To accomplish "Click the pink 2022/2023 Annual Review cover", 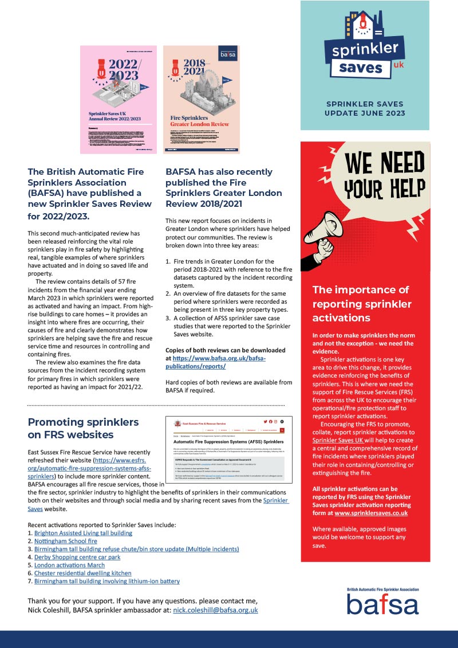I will point(118,100).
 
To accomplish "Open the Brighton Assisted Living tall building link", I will point(83,533).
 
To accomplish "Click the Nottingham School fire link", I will point(66,541).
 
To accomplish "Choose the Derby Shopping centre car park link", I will point(77,557).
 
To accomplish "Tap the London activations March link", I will point(69,565).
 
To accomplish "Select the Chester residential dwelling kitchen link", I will point(83,573).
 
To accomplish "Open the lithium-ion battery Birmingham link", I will point(107,581).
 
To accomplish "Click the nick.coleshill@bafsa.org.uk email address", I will point(215,610).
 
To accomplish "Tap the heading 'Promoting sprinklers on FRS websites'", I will point(84,428).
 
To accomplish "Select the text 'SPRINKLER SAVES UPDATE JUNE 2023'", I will point(365,108).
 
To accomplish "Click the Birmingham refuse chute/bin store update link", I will point(136,549).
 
